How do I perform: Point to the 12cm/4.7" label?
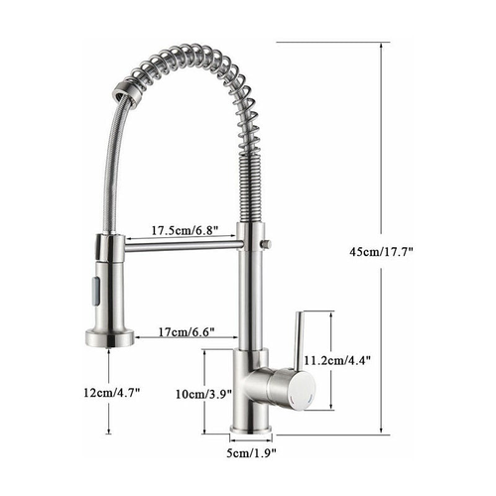pos(111,392)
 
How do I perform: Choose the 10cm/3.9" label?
pos(202,393)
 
